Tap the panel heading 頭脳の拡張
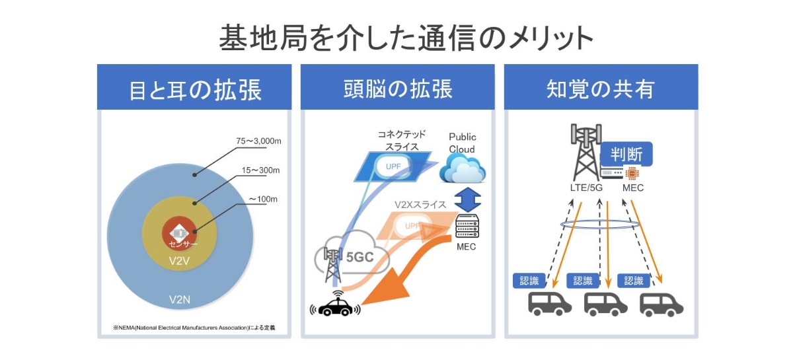coord(398,89)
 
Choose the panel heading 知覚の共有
coord(600,89)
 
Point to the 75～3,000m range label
coord(259,140)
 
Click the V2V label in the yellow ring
coord(179,262)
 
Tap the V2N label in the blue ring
coord(179,300)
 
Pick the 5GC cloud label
coord(361,257)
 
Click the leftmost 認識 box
coord(529,280)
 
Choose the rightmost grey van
coord(661,305)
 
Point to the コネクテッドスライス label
coord(397,140)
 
